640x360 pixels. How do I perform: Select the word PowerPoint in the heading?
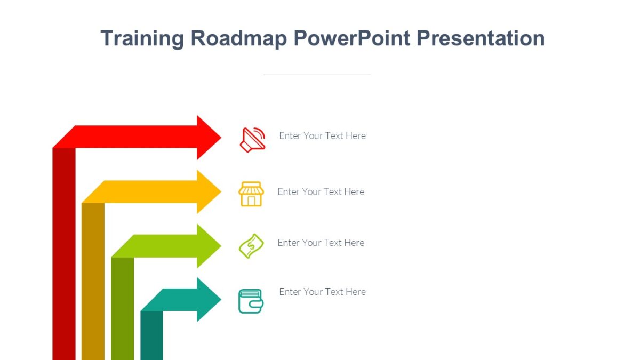[x=351, y=39]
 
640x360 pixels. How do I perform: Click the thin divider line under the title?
[x=317, y=75]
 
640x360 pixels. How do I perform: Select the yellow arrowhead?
[x=209, y=192]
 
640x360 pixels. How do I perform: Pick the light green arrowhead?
[x=209, y=246]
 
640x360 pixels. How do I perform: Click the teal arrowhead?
[x=209, y=300]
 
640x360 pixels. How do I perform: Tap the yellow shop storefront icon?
[x=251, y=194]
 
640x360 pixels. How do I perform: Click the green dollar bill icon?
[x=251, y=246]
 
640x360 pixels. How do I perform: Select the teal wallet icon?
[x=251, y=301]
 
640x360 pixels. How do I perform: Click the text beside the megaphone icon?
[x=322, y=136]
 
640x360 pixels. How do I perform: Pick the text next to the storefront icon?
[x=321, y=192]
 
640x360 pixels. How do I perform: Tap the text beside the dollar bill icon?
[x=321, y=243]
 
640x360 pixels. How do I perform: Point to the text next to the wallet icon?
[x=322, y=292]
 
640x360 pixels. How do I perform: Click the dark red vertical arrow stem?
[x=64, y=256]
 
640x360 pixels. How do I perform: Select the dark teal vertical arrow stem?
[x=151, y=336]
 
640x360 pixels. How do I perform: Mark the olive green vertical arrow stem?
[x=122, y=309]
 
